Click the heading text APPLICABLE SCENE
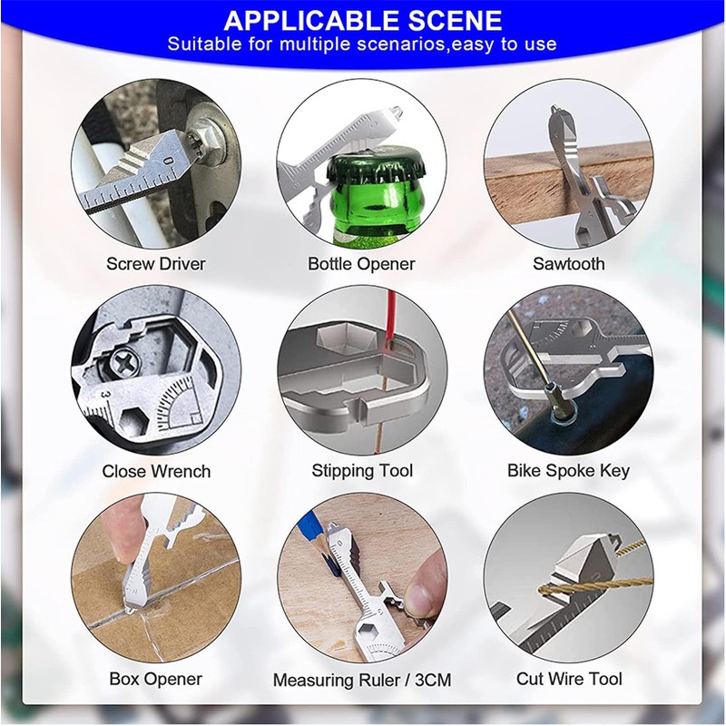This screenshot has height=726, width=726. pyautogui.click(x=362, y=20)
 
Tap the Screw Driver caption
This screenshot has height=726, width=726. pyautogui.click(x=156, y=263)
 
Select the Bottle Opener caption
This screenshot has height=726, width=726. pyautogui.click(x=361, y=264)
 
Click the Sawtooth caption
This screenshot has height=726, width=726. pyautogui.click(x=569, y=263)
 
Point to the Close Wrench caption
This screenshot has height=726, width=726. pyautogui.click(x=156, y=471)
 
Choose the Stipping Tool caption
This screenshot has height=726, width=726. pyautogui.click(x=362, y=471)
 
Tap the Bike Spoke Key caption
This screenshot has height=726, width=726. pyautogui.click(x=569, y=471)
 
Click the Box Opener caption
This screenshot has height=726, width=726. pyautogui.click(x=155, y=679)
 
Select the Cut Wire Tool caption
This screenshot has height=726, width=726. pyautogui.click(x=569, y=679)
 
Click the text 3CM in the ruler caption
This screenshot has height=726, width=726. pyautogui.click(x=433, y=680)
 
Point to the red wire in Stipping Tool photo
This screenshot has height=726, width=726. pyautogui.click(x=391, y=315)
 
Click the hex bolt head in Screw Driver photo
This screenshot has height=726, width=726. pyautogui.click(x=202, y=141)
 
